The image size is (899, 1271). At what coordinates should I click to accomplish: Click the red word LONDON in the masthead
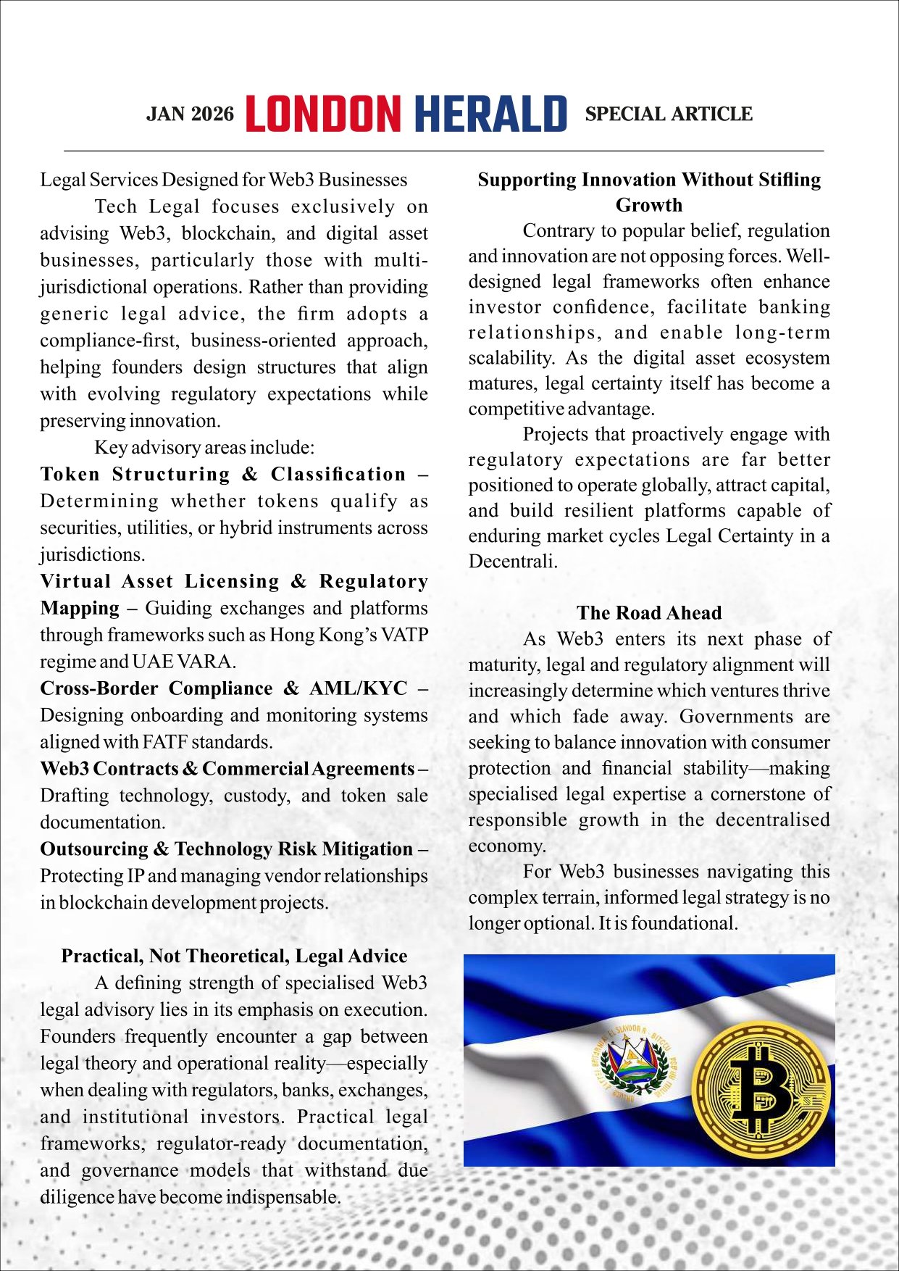[x=323, y=114]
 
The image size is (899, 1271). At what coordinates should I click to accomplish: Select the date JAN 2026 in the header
[x=190, y=114]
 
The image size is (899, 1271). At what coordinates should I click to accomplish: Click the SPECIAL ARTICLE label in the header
[x=669, y=114]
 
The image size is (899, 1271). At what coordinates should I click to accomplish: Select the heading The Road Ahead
[x=649, y=613]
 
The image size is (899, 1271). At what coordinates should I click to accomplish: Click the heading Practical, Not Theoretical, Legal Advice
[x=234, y=956]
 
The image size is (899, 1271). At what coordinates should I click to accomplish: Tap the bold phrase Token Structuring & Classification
[x=223, y=474]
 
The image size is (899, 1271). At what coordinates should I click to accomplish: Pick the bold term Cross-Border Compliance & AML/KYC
[x=223, y=688]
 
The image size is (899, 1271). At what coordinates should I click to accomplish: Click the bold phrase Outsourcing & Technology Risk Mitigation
[x=226, y=849]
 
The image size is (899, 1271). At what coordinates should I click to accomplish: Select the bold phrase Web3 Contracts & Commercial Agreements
[x=227, y=768]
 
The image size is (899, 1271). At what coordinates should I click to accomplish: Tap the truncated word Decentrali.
[x=513, y=562]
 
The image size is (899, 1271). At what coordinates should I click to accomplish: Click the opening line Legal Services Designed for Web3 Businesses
[x=223, y=180]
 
